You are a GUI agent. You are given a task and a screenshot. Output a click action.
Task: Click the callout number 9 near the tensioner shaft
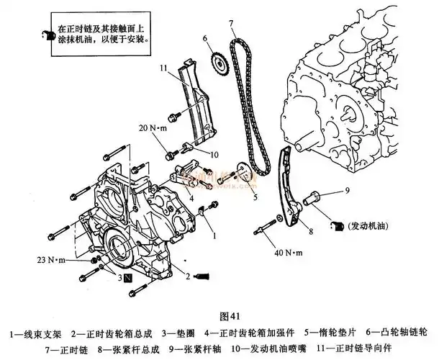[x=346, y=190]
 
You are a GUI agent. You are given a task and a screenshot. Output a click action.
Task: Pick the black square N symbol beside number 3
[x=127, y=276]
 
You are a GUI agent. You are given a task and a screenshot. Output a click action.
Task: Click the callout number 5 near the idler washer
[x=254, y=195]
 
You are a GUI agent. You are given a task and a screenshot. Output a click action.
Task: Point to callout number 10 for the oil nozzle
[x=214, y=154]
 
